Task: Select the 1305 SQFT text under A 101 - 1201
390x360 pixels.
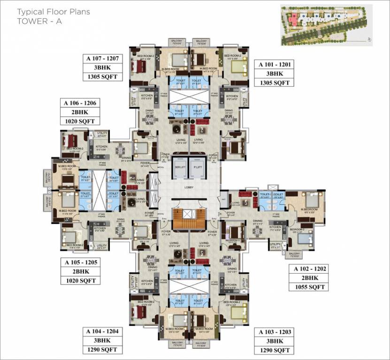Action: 272,82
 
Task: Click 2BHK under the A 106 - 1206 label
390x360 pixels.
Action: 77,112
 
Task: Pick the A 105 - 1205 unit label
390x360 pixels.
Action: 78,262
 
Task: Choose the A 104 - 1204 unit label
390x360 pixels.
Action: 101,331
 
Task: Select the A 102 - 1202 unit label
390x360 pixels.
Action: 310,269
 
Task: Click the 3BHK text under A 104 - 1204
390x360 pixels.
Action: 101,341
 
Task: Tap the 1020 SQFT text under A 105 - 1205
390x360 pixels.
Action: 78,280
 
